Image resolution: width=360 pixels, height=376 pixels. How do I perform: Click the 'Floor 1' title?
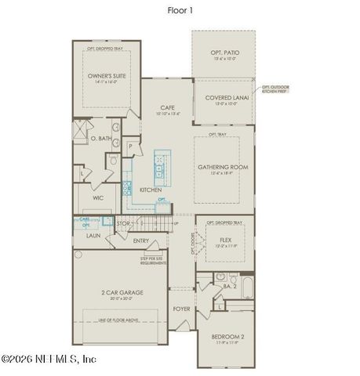pyautogui.click(x=180, y=11)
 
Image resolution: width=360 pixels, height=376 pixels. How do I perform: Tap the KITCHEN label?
pyautogui.click(x=151, y=190)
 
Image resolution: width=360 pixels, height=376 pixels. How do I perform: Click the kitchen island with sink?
pyautogui.click(x=161, y=166)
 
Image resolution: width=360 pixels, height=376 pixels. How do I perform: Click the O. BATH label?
pyautogui.click(x=99, y=139)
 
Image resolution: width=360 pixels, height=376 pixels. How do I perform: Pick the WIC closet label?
pyautogui.click(x=98, y=198)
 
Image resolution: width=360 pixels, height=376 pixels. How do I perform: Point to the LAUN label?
pyautogui.click(x=92, y=234)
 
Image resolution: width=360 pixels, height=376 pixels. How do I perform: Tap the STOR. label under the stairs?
pyautogui.click(x=124, y=224)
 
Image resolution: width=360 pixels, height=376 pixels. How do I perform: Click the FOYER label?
pyautogui.click(x=181, y=309)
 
